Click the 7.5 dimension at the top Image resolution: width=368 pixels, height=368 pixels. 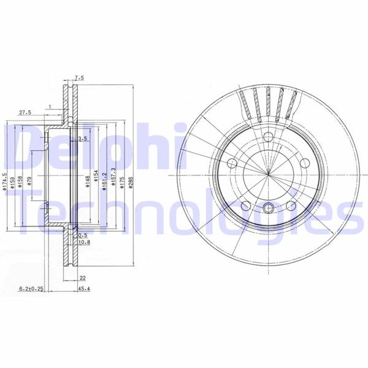78,78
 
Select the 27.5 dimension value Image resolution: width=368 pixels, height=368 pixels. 25,113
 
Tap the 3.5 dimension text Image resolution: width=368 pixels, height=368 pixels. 83,139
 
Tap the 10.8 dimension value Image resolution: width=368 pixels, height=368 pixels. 85,242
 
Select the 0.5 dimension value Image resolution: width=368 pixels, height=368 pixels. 83,235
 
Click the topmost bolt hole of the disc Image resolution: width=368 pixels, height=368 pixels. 268,137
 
